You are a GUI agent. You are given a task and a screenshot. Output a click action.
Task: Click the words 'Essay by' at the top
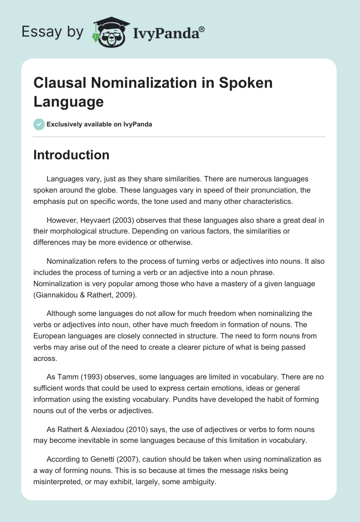click(x=52, y=32)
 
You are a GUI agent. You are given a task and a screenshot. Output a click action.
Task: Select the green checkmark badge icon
click(x=39, y=124)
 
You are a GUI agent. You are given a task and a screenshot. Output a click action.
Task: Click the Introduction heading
click(x=72, y=155)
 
